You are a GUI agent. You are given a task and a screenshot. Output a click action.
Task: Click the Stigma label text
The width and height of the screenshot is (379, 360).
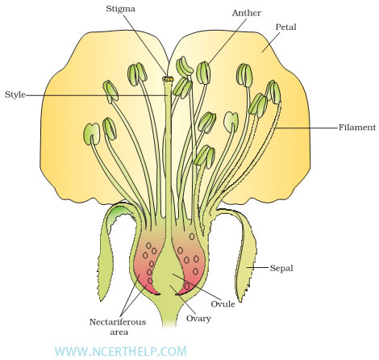click(x=120, y=9)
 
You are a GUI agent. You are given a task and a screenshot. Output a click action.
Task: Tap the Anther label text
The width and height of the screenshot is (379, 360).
click(x=246, y=13)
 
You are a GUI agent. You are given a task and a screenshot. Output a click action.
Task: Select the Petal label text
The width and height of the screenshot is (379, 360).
click(x=285, y=27)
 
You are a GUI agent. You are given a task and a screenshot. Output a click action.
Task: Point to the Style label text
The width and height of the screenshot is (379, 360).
click(x=15, y=94)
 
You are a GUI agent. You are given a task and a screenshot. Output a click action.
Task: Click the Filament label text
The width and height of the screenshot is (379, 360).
click(x=357, y=127)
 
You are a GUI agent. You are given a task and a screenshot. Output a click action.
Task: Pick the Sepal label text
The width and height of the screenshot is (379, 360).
click(x=281, y=268)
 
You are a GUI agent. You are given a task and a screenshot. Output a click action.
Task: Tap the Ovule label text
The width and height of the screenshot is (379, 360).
click(x=223, y=304)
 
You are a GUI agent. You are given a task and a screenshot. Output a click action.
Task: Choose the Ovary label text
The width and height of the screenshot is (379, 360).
click(x=198, y=319)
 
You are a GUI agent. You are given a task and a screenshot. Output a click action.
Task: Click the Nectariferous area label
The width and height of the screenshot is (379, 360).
click(x=118, y=327)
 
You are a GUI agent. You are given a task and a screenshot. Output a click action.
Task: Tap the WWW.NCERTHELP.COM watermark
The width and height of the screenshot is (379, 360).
click(x=120, y=351)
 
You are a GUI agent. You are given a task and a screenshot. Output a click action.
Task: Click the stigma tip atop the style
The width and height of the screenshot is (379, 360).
click(x=168, y=79)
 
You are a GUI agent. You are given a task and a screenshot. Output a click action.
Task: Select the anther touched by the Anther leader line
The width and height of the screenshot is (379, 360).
click(x=203, y=73)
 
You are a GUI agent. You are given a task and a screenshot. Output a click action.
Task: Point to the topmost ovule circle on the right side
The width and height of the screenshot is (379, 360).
click(x=192, y=237)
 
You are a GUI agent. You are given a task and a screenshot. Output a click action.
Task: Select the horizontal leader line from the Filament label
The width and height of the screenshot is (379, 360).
click(x=306, y=128)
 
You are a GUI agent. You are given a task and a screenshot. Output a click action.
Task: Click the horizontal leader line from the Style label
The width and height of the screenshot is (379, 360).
click(x=97, y=95)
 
